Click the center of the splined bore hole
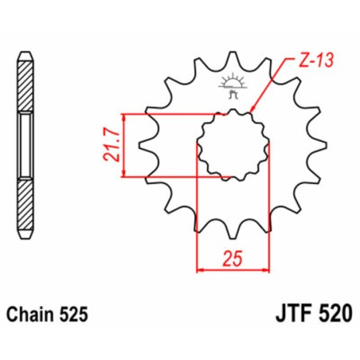tap(233, 144)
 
